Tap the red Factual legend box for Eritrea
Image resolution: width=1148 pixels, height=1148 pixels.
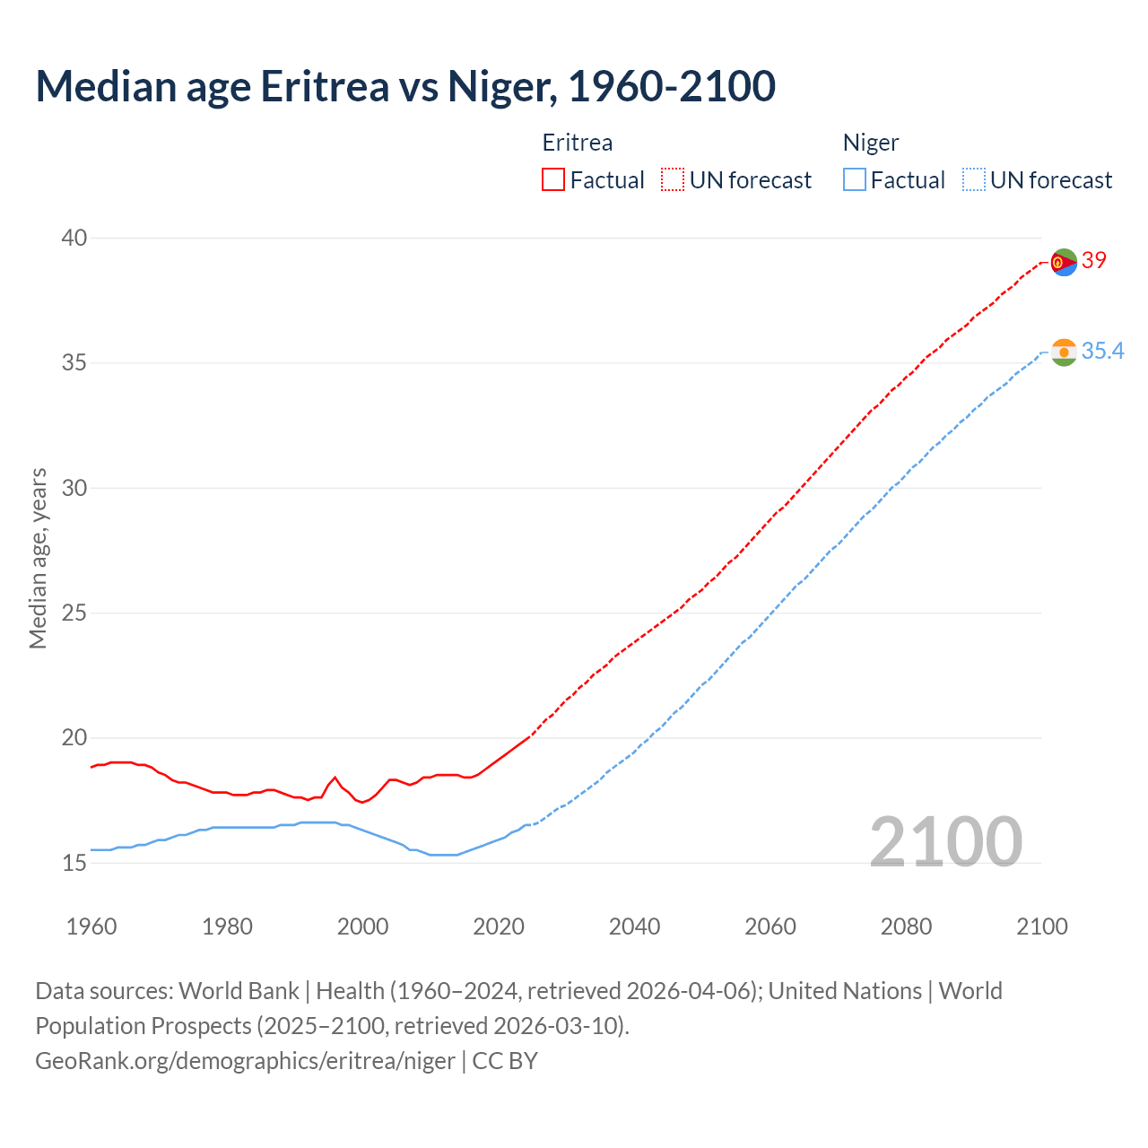coord(553,180)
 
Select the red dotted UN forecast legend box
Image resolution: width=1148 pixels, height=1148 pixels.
coord(673,180)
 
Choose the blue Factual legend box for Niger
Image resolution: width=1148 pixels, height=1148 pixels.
coord(855,180)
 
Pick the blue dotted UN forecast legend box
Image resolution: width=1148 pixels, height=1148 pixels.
coord(973,180)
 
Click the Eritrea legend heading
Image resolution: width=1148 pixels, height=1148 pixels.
coord(578,143)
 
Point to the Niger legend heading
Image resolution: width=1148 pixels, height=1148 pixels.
coord(871,143)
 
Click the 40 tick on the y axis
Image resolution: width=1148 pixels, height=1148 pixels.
coord(74,238)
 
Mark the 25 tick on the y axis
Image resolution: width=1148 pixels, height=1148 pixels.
coord(74,613)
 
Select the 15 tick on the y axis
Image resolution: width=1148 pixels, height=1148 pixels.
coord(74,863)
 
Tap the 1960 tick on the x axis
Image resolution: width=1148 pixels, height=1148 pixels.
coord(91,926)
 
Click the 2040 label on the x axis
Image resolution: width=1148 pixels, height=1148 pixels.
coord(634,926)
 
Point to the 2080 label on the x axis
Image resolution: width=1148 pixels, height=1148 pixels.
coord(906,926)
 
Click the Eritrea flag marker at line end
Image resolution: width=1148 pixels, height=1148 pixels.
coord(1064,262)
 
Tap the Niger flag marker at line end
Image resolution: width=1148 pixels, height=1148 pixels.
coord(1064,352)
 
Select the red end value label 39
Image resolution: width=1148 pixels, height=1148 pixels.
coord(1094,261)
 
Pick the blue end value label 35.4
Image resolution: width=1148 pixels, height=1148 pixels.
coord(1102,351)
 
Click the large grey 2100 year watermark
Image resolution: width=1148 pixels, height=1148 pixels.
coord(946,842)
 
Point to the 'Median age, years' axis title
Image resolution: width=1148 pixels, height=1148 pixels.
coord(38,558)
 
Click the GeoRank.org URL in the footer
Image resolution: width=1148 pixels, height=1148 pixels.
coord(245,1061)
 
